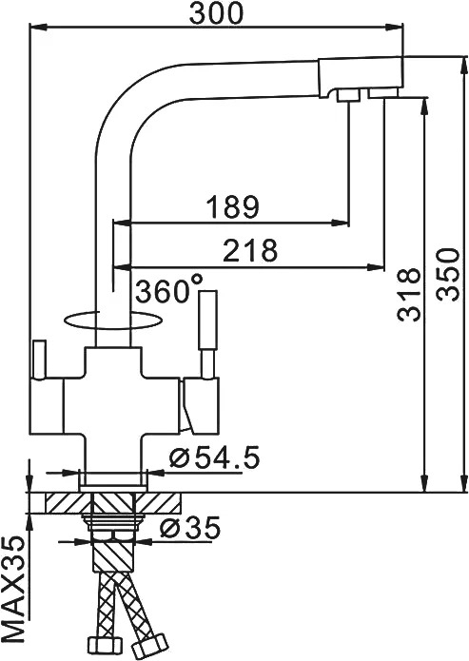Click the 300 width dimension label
[x=216, y=13]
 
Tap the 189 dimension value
[x=232, y=206]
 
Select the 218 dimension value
[x=250, y=250]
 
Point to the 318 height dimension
[x=409, y=294]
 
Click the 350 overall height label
[x=447, y=275]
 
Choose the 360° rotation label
[x=168, y=289]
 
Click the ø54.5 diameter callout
[x=214, y=457]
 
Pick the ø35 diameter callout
[x=190, y=528]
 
